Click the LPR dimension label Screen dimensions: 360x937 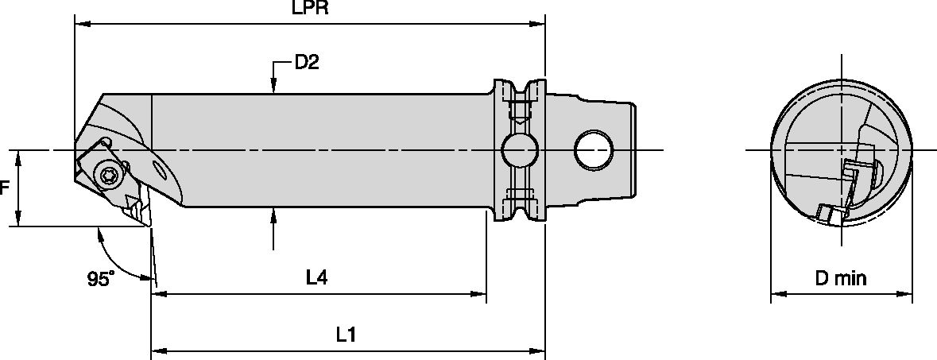click(311, 9)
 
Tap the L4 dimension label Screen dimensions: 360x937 click(317, 277)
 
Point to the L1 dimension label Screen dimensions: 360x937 click(344, 335)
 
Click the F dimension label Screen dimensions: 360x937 click(5, 188)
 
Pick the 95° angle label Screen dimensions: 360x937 click(101, 279)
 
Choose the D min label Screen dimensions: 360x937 click(841, 278)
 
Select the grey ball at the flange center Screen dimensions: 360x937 click(518, 149)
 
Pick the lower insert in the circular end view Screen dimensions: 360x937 click(828, 212)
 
